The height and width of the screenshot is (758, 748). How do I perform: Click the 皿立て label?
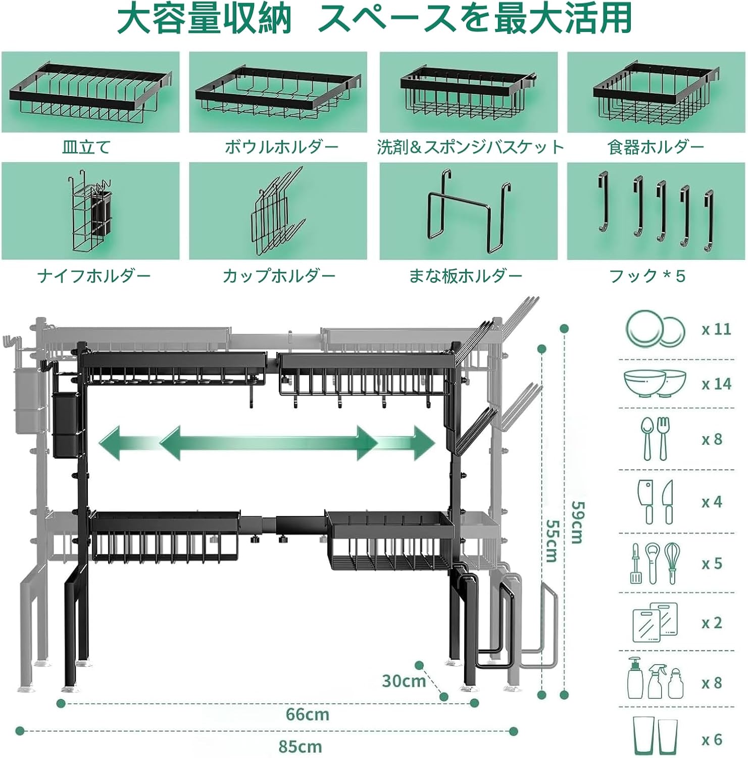(x=86, y=147)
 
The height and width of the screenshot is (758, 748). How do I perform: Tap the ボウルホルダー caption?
(x=281, y=147)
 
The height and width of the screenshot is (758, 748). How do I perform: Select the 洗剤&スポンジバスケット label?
(x=470, y=147)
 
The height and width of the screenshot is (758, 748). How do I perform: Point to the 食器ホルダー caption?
(x=656, y=147)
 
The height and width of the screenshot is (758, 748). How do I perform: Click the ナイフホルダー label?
(x=94, y=276)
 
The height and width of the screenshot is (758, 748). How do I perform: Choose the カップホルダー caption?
(x=279, y=276)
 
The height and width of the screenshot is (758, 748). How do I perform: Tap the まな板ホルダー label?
(x=465, y=276)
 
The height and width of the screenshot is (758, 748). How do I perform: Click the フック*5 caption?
(x=647, y=276)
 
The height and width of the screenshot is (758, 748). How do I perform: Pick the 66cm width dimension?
(x=307, y=715)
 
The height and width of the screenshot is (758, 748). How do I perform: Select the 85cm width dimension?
(x=300, y=746)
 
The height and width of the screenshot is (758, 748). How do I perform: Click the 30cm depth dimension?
(x=404, y=681)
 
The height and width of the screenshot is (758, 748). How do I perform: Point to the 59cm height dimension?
(x=577, y=522)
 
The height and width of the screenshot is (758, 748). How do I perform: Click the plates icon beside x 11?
(x=655, y=329)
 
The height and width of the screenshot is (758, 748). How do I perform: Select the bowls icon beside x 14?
(x=655, y=384)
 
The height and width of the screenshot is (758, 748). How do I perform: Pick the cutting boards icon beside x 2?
(x=655, y=622)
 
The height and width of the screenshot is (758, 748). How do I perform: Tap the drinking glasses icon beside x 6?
(x=655, y=736)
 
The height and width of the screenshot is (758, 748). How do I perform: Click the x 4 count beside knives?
(x=712, y=502)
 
